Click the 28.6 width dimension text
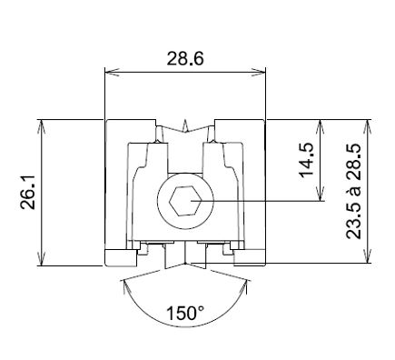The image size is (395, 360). [185, 58]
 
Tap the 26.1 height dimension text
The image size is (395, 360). [28, 192]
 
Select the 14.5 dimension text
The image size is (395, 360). [306, 159]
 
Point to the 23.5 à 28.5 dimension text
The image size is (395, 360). [354, 191]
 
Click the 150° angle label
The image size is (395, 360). [185, 314]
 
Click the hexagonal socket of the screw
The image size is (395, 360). [185, 201]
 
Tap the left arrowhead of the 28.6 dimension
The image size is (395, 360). [112, 72]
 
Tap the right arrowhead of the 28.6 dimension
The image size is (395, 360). [259, 72]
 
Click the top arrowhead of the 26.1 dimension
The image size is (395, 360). [41, 126]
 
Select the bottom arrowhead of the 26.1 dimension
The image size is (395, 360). [41, 259]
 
